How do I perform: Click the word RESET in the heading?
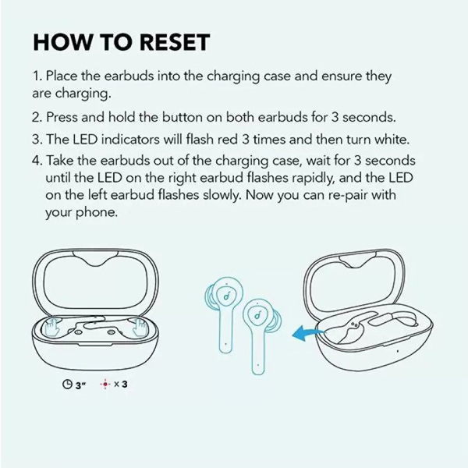tap(175, 42)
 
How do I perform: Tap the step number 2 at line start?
tap(36, 117)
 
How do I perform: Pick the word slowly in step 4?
tap(221, 195)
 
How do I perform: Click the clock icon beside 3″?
tap(67, 384)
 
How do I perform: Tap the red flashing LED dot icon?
tap(105, 384)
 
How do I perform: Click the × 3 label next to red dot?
tap(121, 384)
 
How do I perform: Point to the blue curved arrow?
tap(307, 333)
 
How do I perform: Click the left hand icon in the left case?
tap(51, 327)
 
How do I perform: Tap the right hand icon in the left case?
tap(140, 327)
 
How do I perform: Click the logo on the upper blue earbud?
tap(227, 296)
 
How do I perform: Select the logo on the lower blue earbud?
tap(257, 315)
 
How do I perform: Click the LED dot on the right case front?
tap(397, 351)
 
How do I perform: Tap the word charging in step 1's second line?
tap(83, 94)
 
